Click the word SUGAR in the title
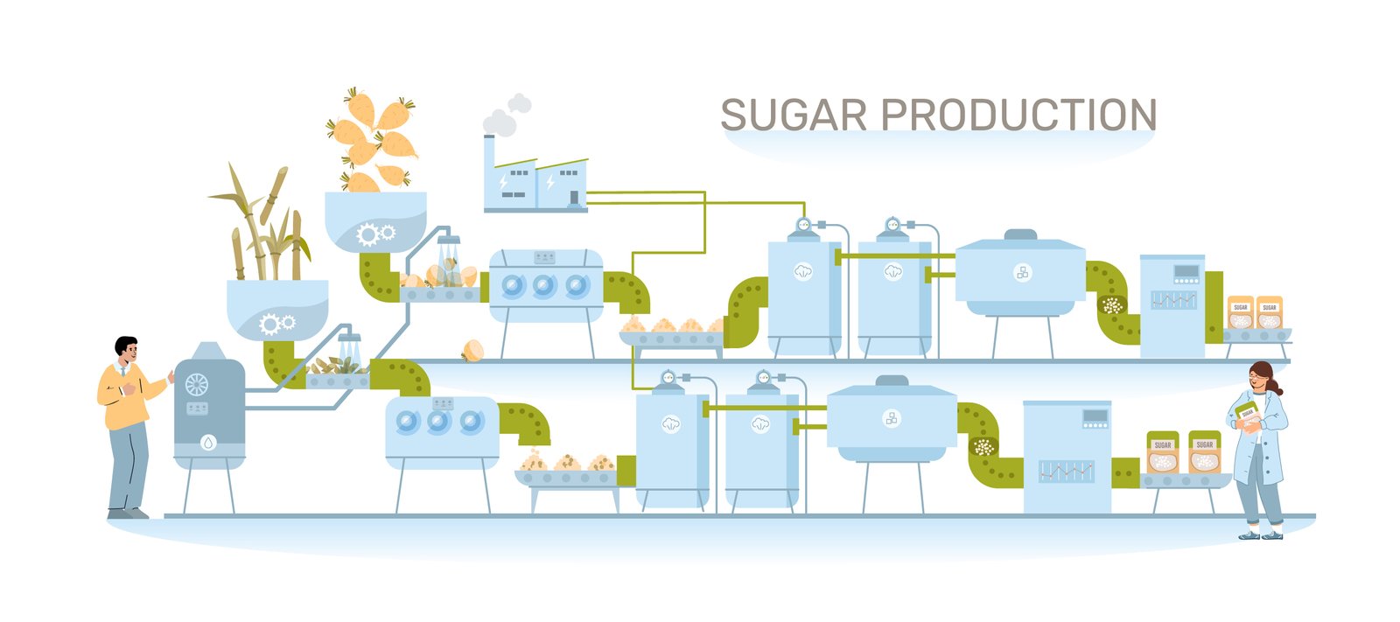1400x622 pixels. [793, 115]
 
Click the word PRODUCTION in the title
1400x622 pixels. [1018, 115]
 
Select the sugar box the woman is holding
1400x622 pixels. [1247, 416]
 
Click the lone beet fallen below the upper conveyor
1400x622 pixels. [472, 351]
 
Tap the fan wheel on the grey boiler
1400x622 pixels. [197, 384]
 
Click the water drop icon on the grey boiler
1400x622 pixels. [208, 443]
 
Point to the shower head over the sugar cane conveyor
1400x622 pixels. [348, 338]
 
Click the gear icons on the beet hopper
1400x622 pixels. [376, 234]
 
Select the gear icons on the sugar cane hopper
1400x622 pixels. [276, 325]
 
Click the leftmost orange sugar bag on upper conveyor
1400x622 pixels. [1240, 312]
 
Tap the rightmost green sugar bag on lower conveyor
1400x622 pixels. [1205, 452]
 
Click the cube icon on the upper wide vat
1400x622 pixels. [1022, 272]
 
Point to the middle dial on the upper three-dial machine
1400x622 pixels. [544, 285]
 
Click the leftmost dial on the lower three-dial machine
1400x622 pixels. [407, 423]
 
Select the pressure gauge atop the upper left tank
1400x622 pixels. [803, 225]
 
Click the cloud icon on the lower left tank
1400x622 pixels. [670, 424]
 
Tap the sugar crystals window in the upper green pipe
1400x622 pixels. [1111, 305]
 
